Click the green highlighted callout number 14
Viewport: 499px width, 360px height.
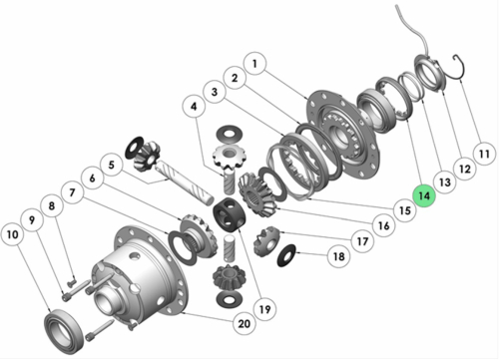coord(424,197)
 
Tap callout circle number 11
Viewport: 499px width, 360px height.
coord(483,155)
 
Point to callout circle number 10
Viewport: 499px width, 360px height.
coord(15,235)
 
